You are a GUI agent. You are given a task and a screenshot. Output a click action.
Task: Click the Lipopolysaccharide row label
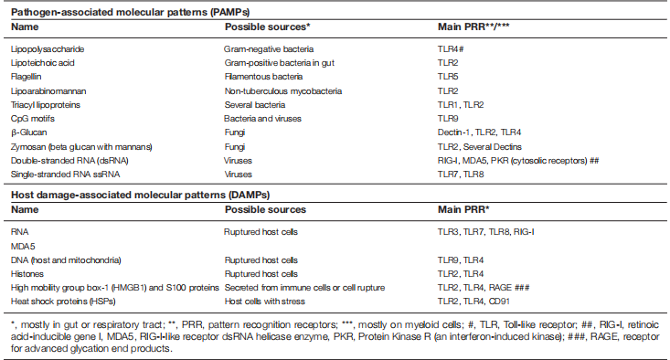(x=44, y=48)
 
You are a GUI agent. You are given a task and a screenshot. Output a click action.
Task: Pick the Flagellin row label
(x=28, y=78)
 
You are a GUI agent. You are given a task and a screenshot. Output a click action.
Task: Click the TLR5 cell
(x=449, y=78)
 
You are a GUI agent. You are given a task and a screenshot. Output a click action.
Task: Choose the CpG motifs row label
(x=34, y=119)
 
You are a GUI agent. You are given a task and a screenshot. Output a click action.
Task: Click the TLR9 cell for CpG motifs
(x=449, y=119)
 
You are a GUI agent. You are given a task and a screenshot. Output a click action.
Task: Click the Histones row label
(x=27, y=273)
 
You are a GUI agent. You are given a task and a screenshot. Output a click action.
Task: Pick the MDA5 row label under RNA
(x=23, y=245)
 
